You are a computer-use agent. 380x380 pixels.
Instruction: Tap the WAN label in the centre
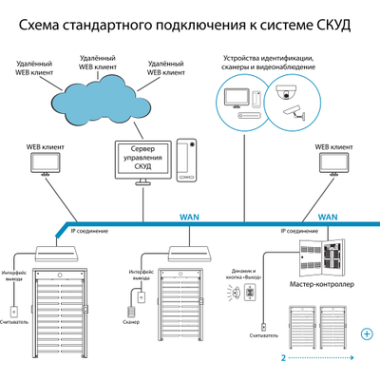[x=189, y=217]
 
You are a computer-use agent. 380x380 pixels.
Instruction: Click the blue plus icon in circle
[x=367, y=334]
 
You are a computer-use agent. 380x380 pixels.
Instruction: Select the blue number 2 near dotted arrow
[x=283, y=359]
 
